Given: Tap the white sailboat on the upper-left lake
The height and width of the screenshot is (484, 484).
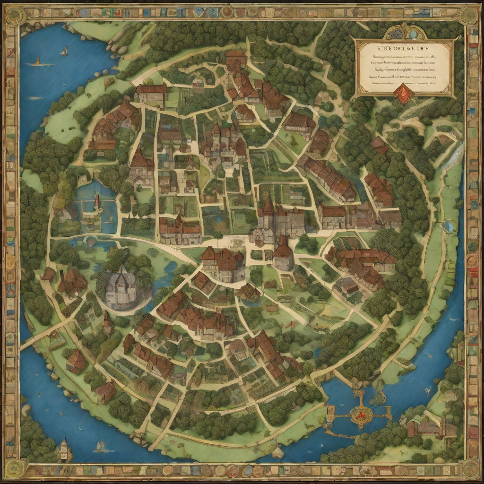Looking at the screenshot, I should point(65,51).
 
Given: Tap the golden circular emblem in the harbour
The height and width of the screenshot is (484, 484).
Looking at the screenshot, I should point(362,413).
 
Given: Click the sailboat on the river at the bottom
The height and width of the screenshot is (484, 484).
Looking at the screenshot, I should point(101,446).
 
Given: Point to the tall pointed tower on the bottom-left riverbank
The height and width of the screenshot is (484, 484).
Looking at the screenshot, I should point(64,448).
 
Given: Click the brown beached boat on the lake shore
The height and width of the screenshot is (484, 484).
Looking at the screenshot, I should point(109,82).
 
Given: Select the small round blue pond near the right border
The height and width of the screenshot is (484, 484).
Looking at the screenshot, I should point(449,227).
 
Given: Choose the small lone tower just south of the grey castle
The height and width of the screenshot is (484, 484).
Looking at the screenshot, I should point(108,322).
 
